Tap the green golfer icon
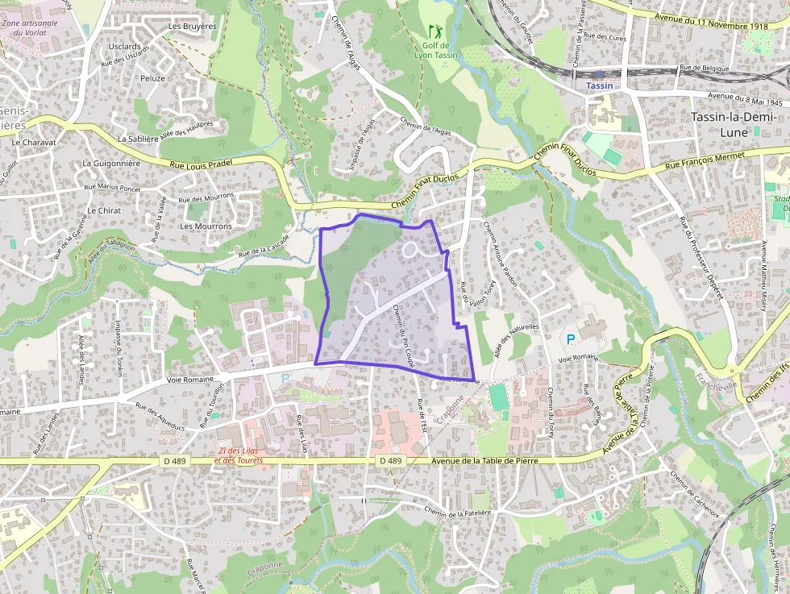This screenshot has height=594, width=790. pos(435,31)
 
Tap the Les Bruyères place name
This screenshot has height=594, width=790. pos(192,26)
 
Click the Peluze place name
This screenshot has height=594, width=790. pos(152,78)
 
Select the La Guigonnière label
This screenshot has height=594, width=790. pos(111,163)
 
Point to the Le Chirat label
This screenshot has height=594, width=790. pos(102,210)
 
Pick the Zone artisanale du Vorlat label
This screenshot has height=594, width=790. pos(30,27)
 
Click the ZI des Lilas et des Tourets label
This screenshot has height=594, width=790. pos(239,455)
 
